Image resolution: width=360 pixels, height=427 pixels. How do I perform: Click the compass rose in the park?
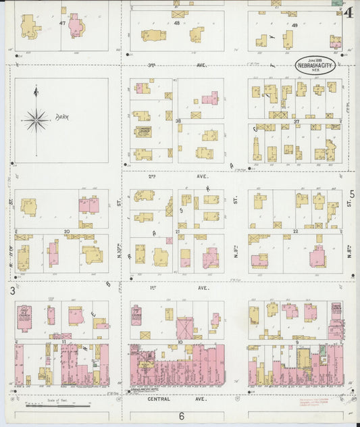coord(36,120)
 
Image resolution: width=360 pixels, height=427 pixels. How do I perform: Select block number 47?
coord(62,23)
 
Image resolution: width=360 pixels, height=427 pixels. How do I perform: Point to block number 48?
coord(177,23)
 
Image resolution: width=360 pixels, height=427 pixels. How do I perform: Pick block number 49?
coord(294,25)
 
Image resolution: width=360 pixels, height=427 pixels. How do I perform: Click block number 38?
coord(178,122)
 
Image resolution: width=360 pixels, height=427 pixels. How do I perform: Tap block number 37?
coord(296,122)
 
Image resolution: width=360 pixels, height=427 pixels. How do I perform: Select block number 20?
coord(66,232)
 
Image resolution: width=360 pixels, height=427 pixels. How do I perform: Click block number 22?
coord(296,232)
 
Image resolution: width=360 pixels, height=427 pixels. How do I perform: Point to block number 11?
coord(63,343)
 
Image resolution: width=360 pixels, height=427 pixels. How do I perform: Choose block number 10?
coord(180,343)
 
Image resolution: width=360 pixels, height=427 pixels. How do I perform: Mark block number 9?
coord(297,343)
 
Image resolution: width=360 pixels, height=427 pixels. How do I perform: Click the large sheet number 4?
coord(348,12)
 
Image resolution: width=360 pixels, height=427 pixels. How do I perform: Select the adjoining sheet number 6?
coord(181,416)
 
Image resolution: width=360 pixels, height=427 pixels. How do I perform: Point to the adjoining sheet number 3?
coord(11,291)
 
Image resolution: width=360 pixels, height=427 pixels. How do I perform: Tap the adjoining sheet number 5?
coord(351,195)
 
